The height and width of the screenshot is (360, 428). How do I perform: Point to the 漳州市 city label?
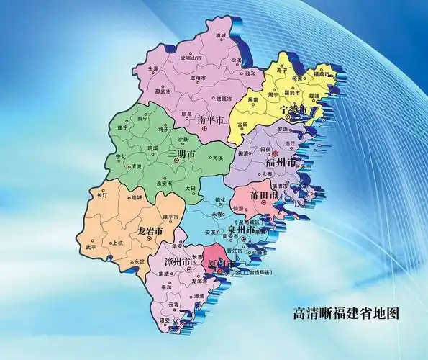click(x=176, y=260)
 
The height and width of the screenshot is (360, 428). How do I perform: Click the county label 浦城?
click(x=221, y=35)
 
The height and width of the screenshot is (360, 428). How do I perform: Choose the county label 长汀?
click(x=101, y=194)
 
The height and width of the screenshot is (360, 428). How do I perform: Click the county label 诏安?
click(x=165, y=321)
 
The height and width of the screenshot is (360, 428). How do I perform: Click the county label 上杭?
click(x=119, y=243)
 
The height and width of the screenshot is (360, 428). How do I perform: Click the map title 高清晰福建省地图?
click(x=346, y=313)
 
